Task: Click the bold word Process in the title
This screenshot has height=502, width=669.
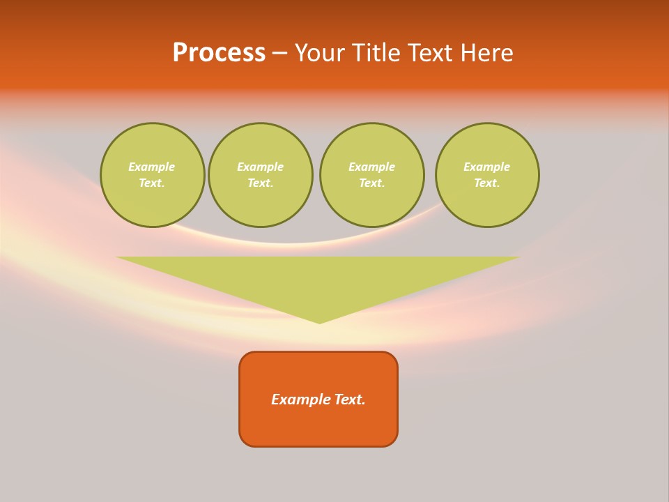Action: [219, 53]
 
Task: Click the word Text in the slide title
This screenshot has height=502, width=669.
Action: [431, 53]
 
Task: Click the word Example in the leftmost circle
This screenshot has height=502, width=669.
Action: [152, 167]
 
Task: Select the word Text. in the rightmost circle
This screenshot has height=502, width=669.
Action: [487, 183]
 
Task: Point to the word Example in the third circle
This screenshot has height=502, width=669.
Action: [372, 167]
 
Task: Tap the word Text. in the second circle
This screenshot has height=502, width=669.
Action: [261, 183]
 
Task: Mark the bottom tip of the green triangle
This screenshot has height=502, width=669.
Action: [319, 321]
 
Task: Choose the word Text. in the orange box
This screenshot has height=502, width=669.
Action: [351, 400]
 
